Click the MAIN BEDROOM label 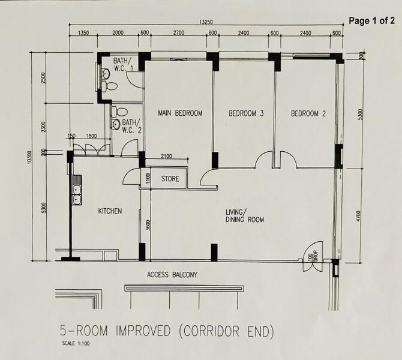click(x=180, y=113)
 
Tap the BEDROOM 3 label click(x=246, y=113)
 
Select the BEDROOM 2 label click(x=308, y=113)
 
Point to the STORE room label click(x=170, y=178)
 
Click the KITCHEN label click(x=110, y=211)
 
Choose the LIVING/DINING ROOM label click(x=245, y=216)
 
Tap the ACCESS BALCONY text click(x=172, y=275)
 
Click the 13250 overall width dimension click(x=206, y=22)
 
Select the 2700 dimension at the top click(x=179, y=33)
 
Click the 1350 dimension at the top click(x=83, y=33)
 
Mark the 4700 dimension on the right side click(x=358, y=216)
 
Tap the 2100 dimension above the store click(x=166, y=156)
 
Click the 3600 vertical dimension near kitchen click(x=148, y=225)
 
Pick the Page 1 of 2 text click(x=372, y=21)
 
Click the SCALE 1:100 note click(x=76, y=343)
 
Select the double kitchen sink click(x=77, y=190)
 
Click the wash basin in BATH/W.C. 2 click(x=116, y=124)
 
